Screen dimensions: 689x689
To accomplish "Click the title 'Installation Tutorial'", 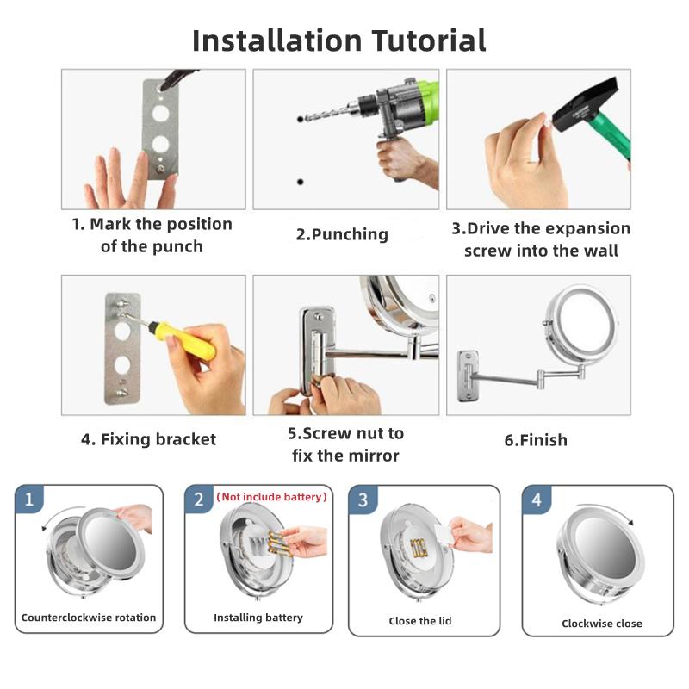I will [x=338, y=40].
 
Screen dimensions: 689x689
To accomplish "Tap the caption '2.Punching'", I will [x=342, y=234].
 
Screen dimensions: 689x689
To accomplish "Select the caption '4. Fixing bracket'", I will [x=148, y=439].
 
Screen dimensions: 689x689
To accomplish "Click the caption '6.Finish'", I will [x=536, y=440].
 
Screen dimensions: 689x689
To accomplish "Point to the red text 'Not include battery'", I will [x=271, y=497].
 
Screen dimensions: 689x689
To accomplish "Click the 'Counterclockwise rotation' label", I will [x=89, y=618].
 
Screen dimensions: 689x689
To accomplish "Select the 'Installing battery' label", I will [x=258, y=618].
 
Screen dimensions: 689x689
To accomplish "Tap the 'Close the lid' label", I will [x=421, y=621].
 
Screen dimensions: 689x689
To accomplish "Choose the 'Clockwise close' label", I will [x=602, y=624].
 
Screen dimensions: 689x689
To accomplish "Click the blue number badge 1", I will [x=28, y=500].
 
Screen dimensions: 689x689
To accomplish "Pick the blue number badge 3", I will [x=363, y=500].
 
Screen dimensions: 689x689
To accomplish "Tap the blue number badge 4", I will [x=537, y=500].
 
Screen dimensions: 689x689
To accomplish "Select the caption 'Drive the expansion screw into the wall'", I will [x=541, y=239].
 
